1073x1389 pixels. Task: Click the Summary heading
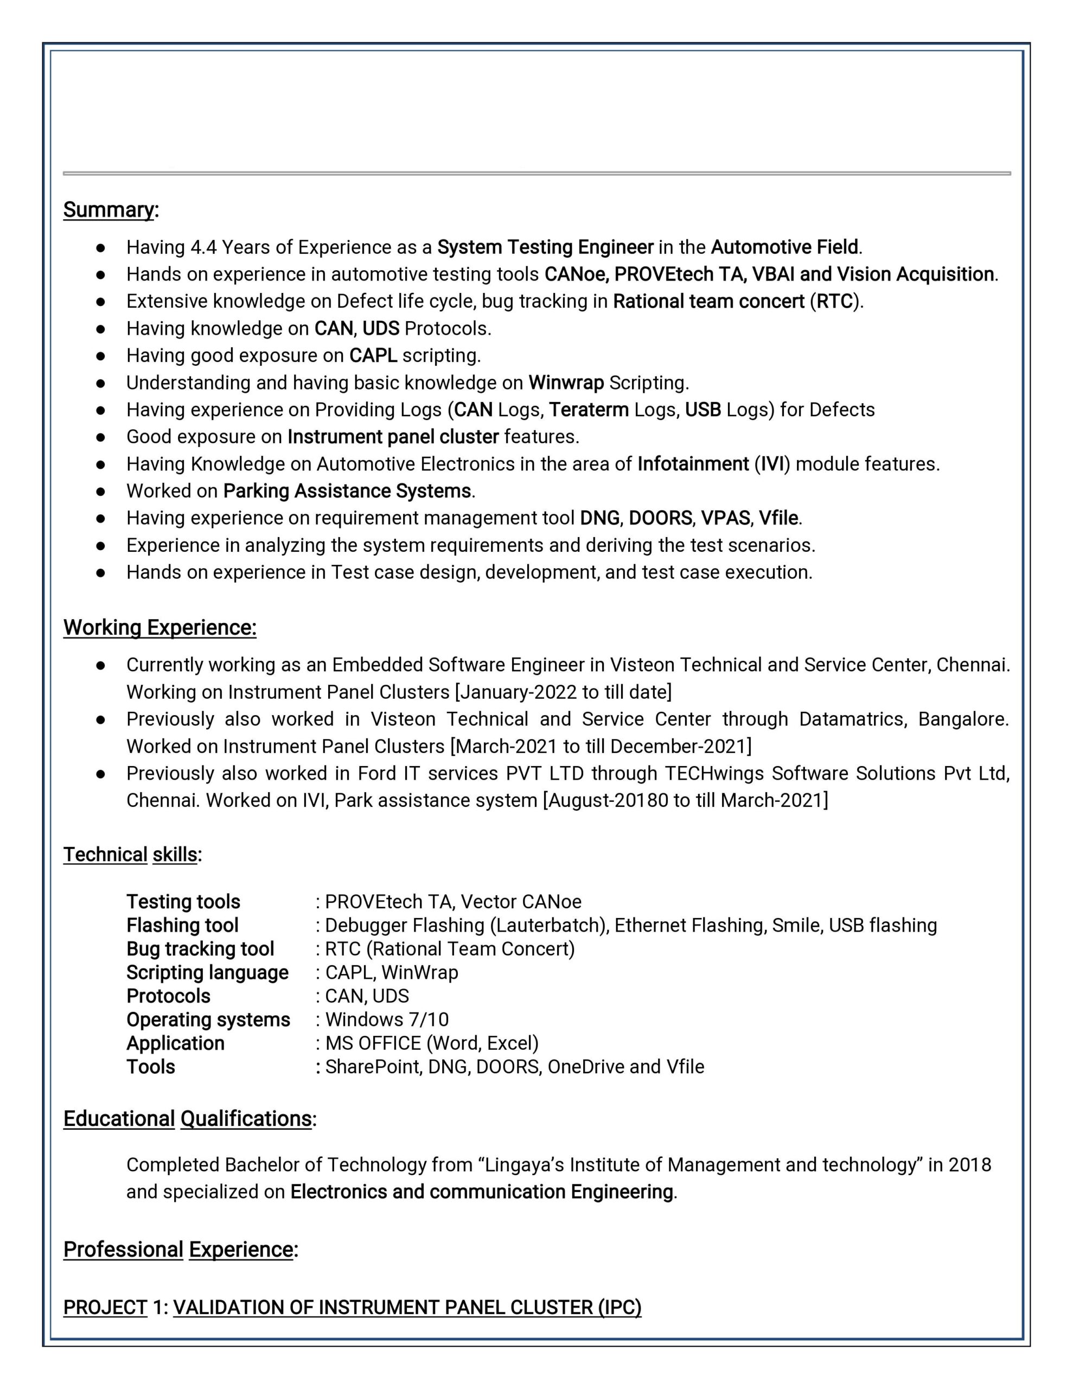(108, 209)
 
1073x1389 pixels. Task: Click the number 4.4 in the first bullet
(203, 247)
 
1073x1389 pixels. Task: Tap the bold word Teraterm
(589, 410)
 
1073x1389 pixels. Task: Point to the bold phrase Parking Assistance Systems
(347, 491)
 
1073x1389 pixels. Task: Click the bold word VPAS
(725, 518)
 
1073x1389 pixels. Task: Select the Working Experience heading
(159, 627)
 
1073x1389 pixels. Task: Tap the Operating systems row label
(208, 1020)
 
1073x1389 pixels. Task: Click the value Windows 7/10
(387, 1020)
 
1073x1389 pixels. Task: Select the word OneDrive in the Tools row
(585, 1067)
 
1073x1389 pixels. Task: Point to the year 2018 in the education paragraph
(969, 1164)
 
